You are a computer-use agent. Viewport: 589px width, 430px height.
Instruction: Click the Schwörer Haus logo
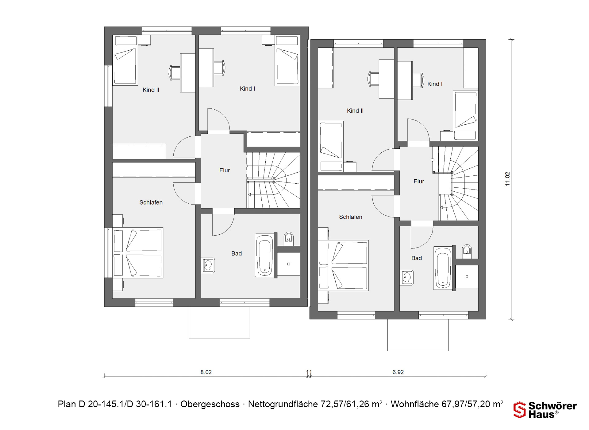click(x=545, y=410)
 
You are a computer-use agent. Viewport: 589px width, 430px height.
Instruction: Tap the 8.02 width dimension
click(x=206, y=372)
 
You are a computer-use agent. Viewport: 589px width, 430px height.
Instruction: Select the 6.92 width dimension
click(x=398, y=372)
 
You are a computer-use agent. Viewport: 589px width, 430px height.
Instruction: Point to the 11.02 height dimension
click(x=507, y=179)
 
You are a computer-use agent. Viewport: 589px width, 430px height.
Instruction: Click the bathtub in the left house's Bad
click(x=264, y=256)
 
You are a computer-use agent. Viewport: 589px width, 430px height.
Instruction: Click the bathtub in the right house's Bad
click(x=443, y=268)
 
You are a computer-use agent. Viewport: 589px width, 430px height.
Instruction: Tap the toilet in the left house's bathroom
click(x=288, y=238)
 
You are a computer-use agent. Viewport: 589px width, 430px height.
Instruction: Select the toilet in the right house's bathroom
click(x=467, y=250)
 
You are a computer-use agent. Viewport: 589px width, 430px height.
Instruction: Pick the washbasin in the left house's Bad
click(x=208, y=265)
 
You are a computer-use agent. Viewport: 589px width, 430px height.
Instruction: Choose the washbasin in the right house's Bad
click(x=407, y=277)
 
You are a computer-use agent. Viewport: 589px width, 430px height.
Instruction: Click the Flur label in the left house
click(x=225, y=170)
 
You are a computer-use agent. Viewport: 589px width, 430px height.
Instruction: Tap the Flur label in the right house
click(x=419, y=182)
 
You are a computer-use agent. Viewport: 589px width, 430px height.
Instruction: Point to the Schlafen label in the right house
click(x=351, y=217)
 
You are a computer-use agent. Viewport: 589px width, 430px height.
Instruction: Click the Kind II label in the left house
click(x=151, y=90)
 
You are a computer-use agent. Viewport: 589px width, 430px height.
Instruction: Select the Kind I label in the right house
click(x=435, y=84)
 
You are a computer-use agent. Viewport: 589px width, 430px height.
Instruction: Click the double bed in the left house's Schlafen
click(x=138, y=253)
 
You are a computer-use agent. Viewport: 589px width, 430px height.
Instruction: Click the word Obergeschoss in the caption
click(x=210, y=404)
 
